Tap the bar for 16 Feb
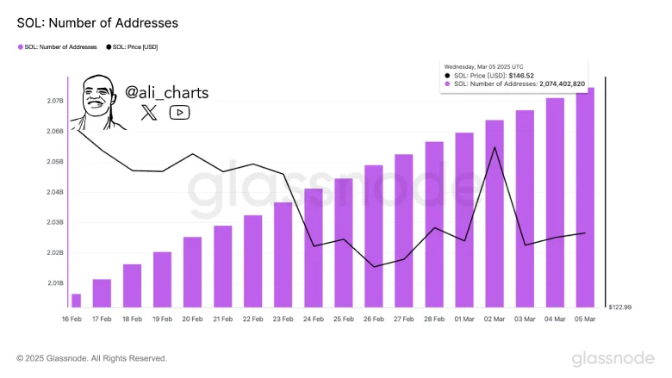tap(76, 301)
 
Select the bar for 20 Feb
tap(192, 272)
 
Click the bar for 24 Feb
tap(314, 248)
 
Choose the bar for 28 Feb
tap(434, 225)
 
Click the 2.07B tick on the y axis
tap(55, 101)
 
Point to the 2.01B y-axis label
tap(55, 282)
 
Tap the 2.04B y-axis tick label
tap(55, 192)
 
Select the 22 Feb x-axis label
tap(252, 319)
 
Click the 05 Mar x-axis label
tap(586, 319)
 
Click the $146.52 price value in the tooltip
tap(523, 75)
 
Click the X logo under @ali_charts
tap(149, 112)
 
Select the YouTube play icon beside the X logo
tap(179, 112)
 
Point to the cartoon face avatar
tap(97, 102)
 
